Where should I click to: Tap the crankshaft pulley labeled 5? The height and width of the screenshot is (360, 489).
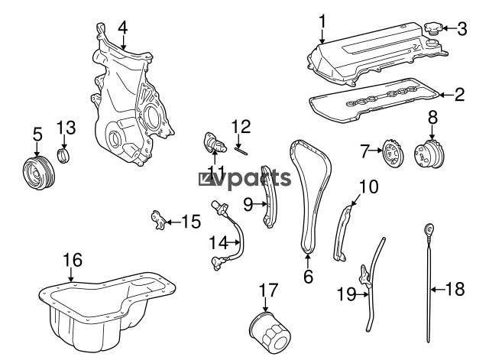pos(39,173)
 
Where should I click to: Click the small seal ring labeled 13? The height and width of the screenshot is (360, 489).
pos(64,156)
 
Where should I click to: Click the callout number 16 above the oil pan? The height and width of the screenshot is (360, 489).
pos(73,260)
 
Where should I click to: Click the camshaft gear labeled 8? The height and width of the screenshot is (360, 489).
pos(429,154)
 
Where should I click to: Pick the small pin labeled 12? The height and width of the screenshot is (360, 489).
pos(241,151)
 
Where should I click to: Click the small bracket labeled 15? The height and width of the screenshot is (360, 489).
pos(158,220)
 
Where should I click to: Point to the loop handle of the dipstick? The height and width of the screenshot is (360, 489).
pos(429,230)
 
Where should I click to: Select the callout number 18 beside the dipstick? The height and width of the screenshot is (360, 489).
pos(455,289)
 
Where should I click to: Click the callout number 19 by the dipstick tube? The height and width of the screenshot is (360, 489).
pos(346,294)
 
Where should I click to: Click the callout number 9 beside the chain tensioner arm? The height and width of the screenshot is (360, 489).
pos(248,205)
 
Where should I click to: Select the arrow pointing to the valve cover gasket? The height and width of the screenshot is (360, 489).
pos(446,94)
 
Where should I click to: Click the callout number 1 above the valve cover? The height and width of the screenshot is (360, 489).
pos(322,21)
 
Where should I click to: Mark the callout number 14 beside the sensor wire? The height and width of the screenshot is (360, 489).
pos(219,242)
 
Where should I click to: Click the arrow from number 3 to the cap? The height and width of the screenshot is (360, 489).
pos(449,28)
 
